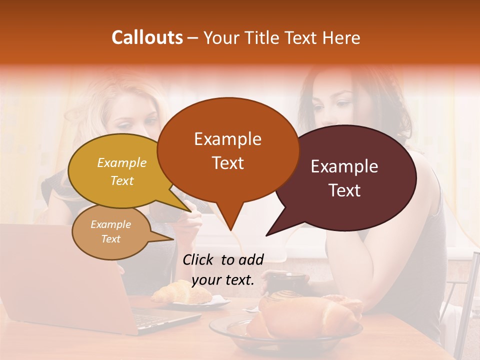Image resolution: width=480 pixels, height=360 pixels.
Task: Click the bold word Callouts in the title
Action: tap(147, 37)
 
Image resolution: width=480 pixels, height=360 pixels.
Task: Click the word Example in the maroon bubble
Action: tap(344, 166)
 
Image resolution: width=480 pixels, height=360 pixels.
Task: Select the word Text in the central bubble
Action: tap(227, 163)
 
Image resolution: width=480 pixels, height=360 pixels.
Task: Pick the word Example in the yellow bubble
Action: tap(121, 162)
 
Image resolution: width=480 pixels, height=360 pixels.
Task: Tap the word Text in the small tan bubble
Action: tap(111, 239)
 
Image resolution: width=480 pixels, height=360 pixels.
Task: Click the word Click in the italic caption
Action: tap(199, 259)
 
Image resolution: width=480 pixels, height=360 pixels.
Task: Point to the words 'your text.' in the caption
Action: tap(223, 279)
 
